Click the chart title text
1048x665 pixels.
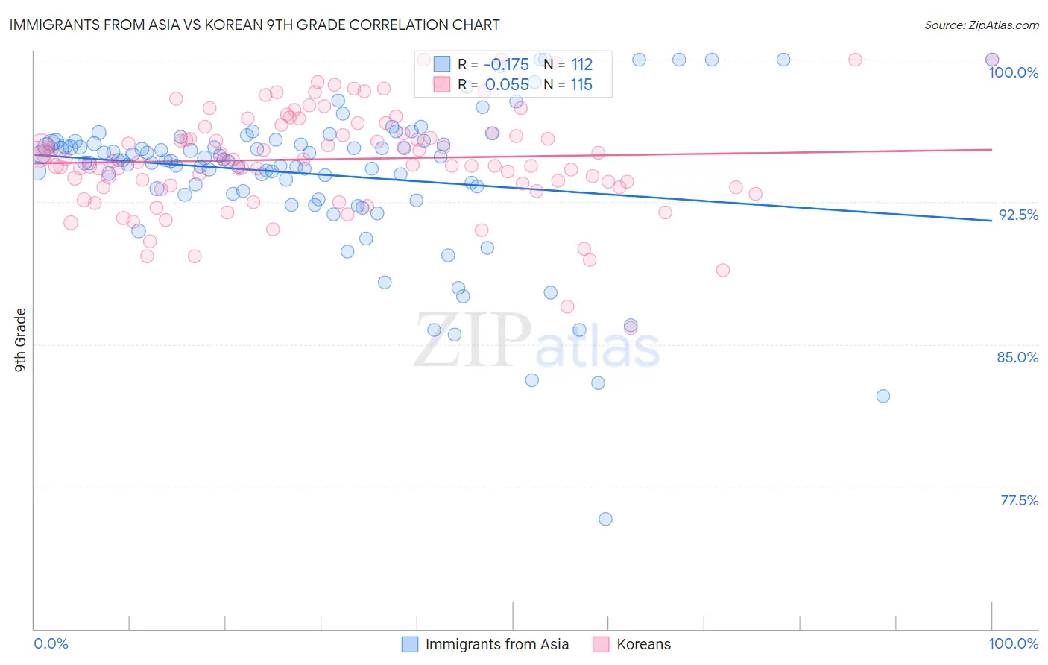click(254, 25)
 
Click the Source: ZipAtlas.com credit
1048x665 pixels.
click(981, 25)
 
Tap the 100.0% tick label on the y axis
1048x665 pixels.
click(1013, 72)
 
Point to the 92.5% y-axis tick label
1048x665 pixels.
click(1018, 215)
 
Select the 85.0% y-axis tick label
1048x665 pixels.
click(1017, 357)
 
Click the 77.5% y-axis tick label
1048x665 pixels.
click(1019, 500)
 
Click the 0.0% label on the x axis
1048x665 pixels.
click(51, 643)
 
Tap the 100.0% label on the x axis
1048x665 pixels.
click(1013, 643)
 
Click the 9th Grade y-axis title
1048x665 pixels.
click(21, 339)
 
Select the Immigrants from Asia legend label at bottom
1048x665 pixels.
click(496, 644)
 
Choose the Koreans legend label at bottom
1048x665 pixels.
click(643, 644)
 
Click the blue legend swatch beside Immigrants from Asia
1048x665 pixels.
click(409, 644)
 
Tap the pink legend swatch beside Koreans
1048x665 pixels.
click(601, 644)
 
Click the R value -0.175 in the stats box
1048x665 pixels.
click(506, 64)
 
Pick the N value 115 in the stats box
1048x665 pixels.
click(581, 84)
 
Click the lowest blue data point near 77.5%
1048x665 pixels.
click(605, 519)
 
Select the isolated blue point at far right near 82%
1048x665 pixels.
click(883, 396)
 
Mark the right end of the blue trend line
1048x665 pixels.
click(991, 221)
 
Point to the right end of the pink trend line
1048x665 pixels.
click(991, 150)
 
